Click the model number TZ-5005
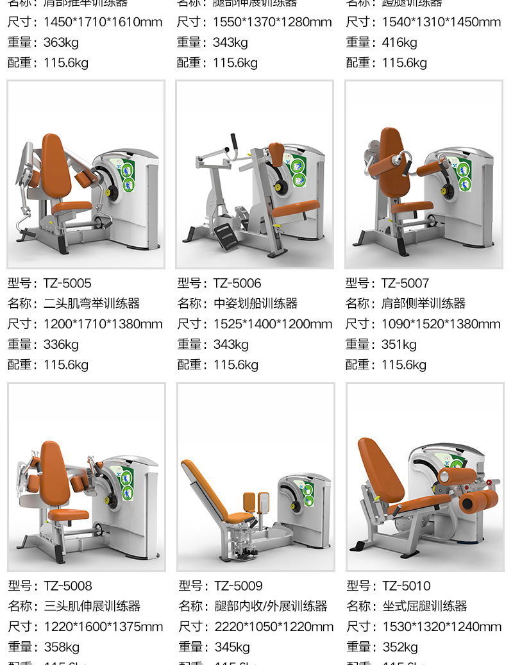tap(67, 283)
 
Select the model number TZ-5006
tap(237, 283)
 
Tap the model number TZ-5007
tap(405, 283)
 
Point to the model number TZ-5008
tap(68, 585)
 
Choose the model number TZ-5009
tap(239, 585)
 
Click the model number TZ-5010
tap(407, 585)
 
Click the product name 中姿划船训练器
tap(255, 303)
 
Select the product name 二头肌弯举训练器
tap(92, 303)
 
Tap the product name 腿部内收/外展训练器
tap(271, 606)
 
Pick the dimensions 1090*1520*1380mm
tap(441, 324)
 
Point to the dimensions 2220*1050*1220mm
tap(274, 627)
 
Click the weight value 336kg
tap(61, 344)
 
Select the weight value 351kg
tap(399, 344)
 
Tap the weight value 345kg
tap(232, 647)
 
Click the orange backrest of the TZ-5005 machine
tap(56, 167)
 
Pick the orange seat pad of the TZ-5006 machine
tap(295, 208)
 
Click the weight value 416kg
tap(399, 42)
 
